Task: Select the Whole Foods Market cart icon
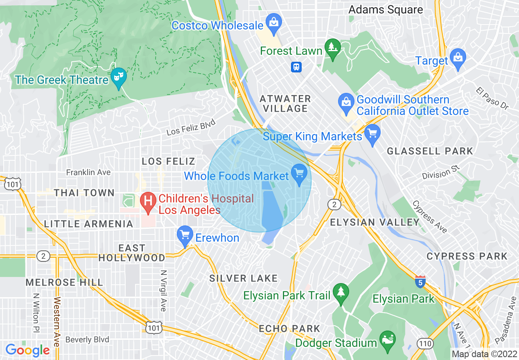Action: tap(299, 172)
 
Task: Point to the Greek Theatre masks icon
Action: tap(118, 76)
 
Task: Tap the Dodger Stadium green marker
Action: tap(387, 339)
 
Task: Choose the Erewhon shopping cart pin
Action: tap(185, 235)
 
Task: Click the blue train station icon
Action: tap(296, 67)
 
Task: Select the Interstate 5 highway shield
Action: tap(420, 282)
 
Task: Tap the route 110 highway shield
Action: tap(426, 343)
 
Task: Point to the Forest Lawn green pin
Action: tap(332, 47)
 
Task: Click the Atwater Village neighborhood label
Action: tap(286, 103)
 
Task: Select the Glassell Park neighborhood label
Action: tap(430, 151)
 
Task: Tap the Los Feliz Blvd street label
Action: tap(191, 128)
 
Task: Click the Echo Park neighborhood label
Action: tap(289, 328)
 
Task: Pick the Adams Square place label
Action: tap(386, 10)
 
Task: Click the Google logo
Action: tap(27, 350)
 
